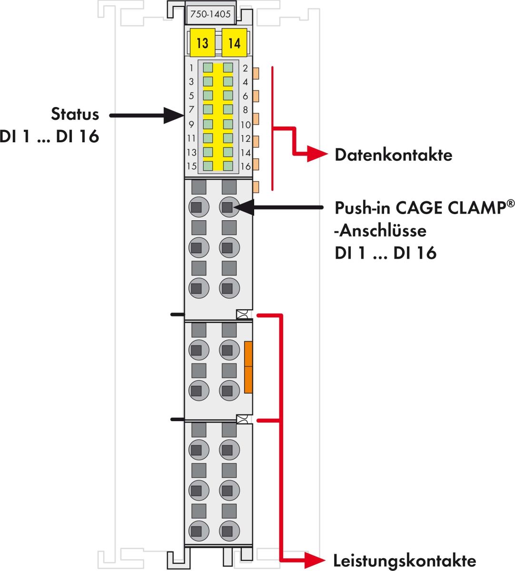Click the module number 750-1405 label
210,14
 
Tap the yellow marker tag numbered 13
202,43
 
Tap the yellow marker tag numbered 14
234,43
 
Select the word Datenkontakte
393,155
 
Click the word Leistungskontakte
404,561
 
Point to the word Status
75,114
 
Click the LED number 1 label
191,68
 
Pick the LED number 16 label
245,167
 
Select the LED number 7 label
191,110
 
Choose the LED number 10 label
245,125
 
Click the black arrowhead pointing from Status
174,115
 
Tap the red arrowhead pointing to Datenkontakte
317,154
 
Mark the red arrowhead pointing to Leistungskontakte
317,561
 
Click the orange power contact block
248,367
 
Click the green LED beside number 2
228,68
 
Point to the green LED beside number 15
208,166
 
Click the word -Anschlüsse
380,231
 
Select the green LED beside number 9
208,124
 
